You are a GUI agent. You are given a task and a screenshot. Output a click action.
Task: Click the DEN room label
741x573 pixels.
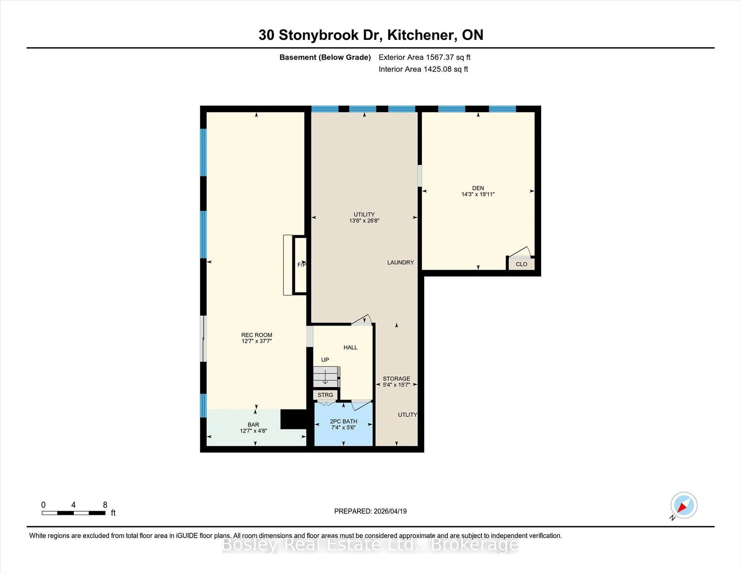point(478,188)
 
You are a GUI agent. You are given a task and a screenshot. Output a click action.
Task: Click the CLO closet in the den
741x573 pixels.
point(521,264)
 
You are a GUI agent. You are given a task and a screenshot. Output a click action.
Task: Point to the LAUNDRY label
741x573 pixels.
point(400,262)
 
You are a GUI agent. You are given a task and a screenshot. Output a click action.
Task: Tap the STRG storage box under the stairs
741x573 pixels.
point(325,395)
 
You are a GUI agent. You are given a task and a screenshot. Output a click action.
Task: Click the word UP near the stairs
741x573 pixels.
point(325,360)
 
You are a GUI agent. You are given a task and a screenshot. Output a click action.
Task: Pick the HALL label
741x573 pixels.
point(350,347)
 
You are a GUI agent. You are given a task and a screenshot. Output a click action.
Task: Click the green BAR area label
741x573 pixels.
point(253,425)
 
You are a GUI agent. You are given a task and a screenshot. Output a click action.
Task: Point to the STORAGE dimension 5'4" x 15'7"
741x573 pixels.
point(396,385)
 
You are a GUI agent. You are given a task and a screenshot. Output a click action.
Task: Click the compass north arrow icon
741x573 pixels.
point(684,505)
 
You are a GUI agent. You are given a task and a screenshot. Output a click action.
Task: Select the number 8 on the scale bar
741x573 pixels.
point(105,505)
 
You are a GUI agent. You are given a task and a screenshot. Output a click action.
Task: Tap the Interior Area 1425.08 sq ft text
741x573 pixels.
point(423,69)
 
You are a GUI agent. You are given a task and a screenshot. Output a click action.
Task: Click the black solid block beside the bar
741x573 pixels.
point(293,419)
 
